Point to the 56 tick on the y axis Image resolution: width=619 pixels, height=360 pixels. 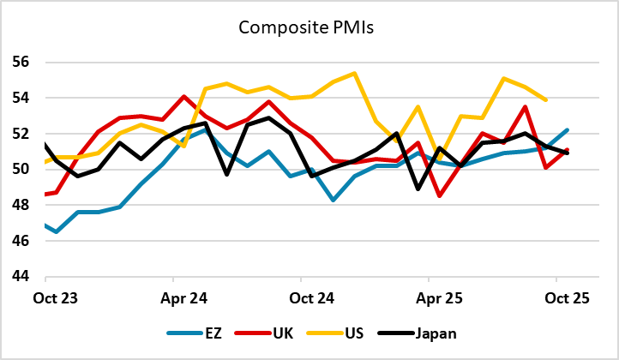coord(22,63)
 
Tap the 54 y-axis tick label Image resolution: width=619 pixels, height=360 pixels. coord(22,99)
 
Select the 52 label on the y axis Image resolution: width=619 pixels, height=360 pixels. coord(22,134)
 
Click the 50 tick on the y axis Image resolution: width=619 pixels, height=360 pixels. coord(22,170)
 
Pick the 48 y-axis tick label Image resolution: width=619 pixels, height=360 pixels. coord(22,206)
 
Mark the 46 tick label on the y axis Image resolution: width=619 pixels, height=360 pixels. coord(22,241)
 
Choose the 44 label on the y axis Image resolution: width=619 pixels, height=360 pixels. coord(22,277)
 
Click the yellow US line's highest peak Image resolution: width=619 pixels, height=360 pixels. coord(354,73)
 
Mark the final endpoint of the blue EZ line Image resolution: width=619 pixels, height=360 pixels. coord(568,130)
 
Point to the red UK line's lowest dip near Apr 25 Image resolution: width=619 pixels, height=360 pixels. coord(439,196)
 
